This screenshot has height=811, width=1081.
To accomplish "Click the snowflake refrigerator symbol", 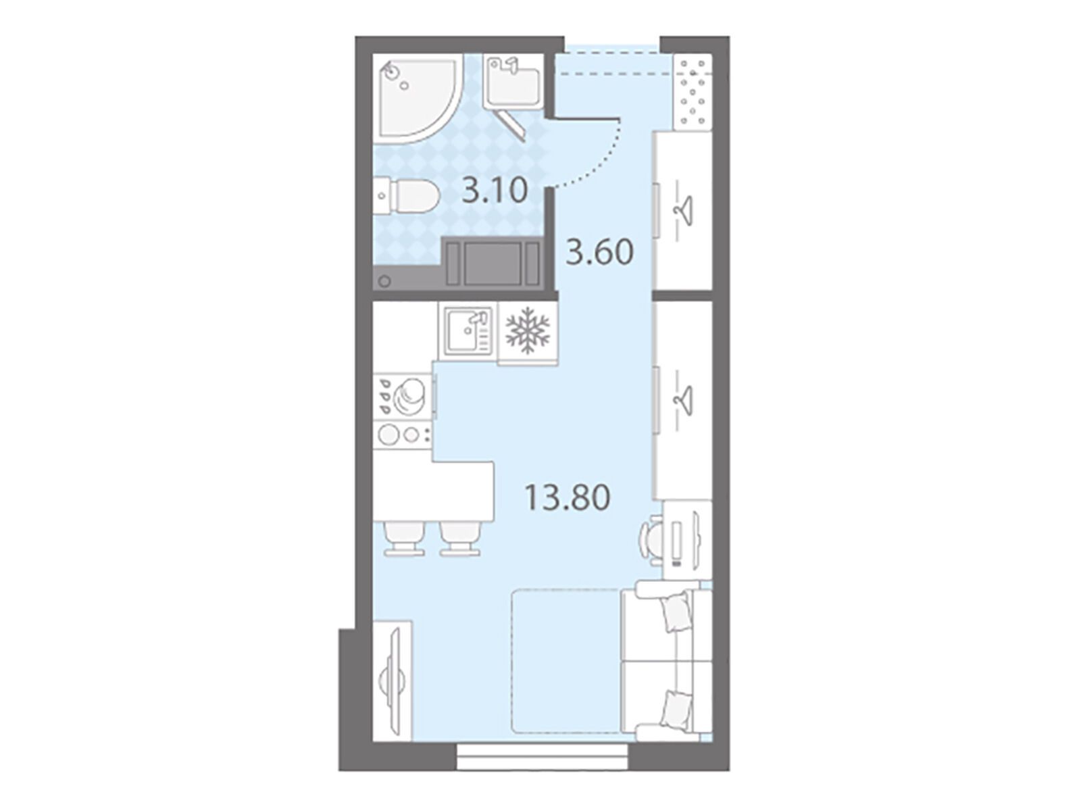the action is click(528, 330).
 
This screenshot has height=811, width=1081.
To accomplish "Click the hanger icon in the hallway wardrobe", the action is click(682, 210).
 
